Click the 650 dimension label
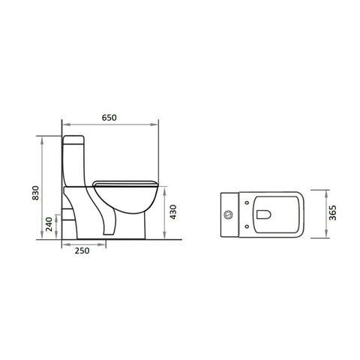point(109,118)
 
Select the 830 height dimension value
point(36,193)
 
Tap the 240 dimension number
point(49,224)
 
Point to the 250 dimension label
point(82,250)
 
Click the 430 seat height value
point(173,212)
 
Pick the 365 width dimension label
point(332,213)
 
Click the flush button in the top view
point(229,214)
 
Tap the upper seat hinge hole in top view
point(247,202)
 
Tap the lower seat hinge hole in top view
point(247,226)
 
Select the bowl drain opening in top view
point(264,214)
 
